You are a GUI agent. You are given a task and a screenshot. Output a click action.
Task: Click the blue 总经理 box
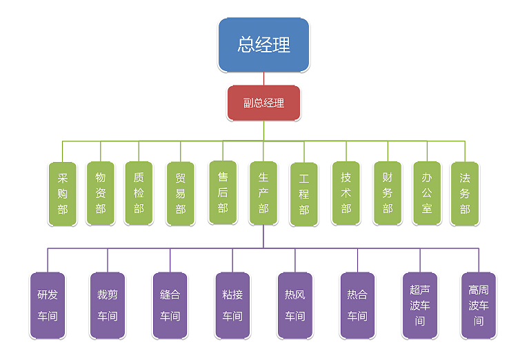[x=263, y=45]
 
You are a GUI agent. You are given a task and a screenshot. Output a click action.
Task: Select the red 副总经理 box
[x=263, y=103]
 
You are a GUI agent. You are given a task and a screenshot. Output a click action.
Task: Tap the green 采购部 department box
[x=62, y=194]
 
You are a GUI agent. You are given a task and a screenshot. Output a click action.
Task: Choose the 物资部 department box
[x=101, y=194]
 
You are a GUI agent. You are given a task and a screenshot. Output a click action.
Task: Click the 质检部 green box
[x=139, y=194]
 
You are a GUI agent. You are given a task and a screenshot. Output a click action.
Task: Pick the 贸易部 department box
[x=181, y=194]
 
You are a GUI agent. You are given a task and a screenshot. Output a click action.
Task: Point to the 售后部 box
[x=222, y=192]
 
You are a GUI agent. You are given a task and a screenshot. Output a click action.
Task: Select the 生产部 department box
[x=263, y=193]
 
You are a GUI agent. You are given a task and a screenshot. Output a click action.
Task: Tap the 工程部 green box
[x=303, y=194]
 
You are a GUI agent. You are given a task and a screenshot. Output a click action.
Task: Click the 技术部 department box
[x=346, y=193]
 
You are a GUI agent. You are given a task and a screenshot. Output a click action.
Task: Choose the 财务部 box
[x=388, y=193]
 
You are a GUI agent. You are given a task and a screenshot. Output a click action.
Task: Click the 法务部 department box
[x=465, y=194]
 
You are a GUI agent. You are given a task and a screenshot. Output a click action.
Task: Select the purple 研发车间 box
[x=48, y=306]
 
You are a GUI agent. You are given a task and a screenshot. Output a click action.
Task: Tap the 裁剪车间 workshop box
[x=108, y=306]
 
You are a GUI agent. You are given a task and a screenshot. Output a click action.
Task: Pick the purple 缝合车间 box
[x=170, y=306]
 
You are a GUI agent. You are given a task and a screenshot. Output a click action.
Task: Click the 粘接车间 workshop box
[x=232, y=306]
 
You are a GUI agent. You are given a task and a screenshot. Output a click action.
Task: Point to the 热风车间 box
[x=295, y=306]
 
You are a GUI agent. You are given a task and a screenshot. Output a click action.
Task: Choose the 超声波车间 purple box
[x=420, y=306]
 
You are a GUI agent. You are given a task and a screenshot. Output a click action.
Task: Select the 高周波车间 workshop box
[x=479, y=306]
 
